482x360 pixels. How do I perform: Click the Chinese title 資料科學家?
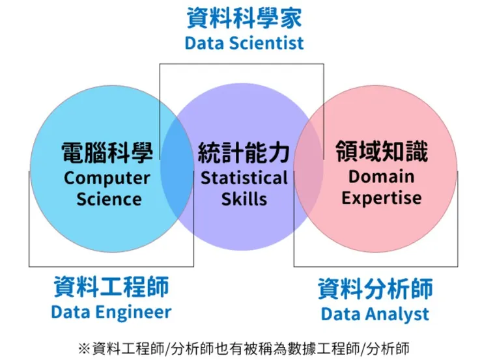(x=244, y=18)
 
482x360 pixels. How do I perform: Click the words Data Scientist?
(x=244, y=44)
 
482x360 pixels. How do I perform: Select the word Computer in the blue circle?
(x=107, y=178)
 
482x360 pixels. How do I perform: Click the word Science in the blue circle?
(x=109, y=199)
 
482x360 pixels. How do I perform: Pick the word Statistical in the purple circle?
(x=244, y=178)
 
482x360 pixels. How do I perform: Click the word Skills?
(x=244, y=199)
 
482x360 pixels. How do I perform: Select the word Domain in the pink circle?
(x=381, y=176)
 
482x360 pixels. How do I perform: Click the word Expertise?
(x=382, y=198)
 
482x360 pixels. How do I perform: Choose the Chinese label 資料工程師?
(x=111, y=286)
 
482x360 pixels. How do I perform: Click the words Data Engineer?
(x=111, y=312)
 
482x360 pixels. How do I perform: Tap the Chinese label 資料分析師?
(x=375, y=288)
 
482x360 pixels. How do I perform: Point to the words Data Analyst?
(x=375, y=314)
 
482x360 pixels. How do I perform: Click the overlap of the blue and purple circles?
(x=177, y=176)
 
